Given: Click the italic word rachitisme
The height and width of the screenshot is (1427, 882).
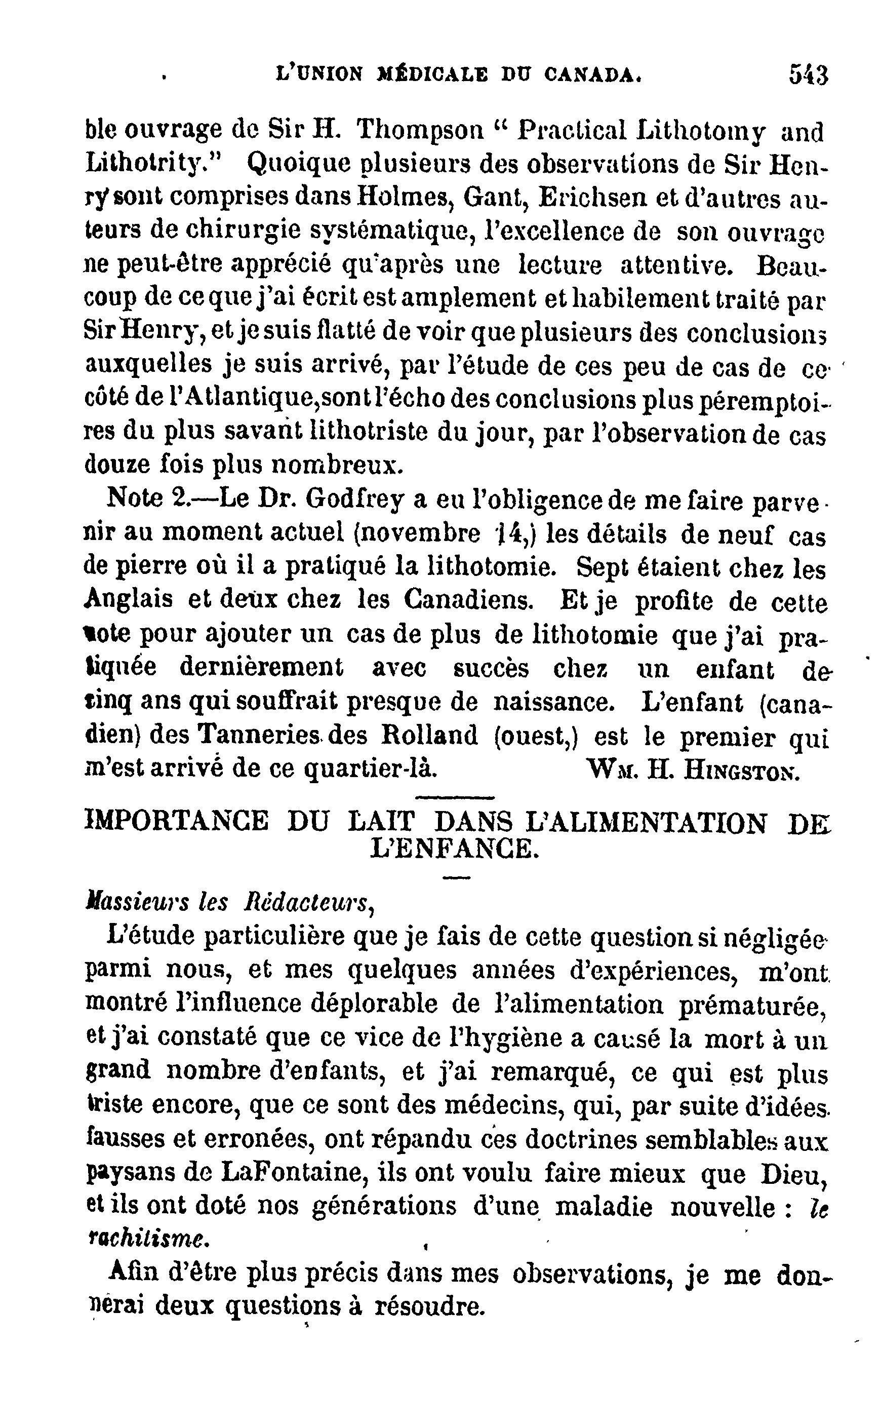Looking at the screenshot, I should click(x=146, y=1240).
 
